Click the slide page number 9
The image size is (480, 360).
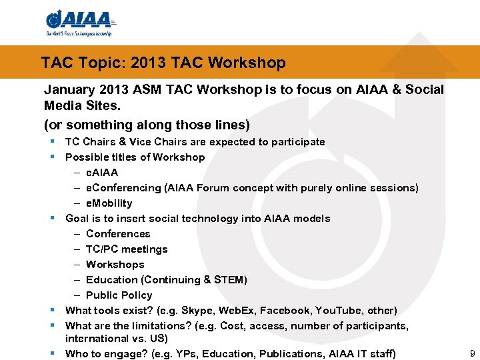pos(472,353)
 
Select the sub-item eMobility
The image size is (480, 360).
pos(109,203)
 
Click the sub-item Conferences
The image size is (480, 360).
pos(118,234)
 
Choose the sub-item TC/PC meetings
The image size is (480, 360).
pos(127,249)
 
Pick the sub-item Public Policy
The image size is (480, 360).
pos(119,295)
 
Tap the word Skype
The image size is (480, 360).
pos(200,311)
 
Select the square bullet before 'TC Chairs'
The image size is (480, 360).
pos(52,141)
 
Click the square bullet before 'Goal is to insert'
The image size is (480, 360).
pos(52,218)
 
